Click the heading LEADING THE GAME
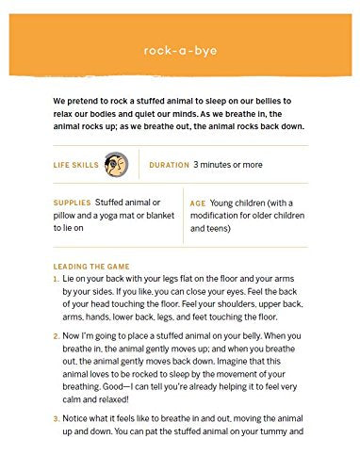(91, 267)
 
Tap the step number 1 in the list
(57, 280)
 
